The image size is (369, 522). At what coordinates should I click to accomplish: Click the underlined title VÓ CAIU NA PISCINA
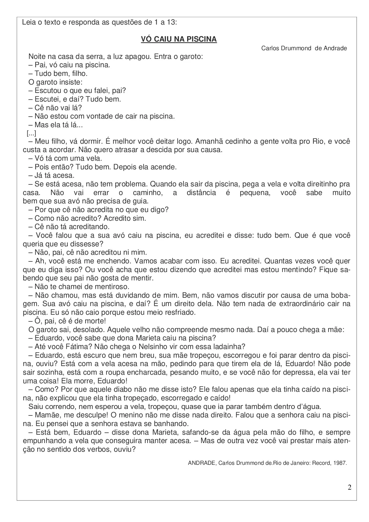[179, 39]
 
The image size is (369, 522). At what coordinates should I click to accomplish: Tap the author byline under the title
[304, 48]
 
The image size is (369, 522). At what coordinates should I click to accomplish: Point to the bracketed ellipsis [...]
[32, 133]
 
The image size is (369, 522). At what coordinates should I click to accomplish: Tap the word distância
[201, 193]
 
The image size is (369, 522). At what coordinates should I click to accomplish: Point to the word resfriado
[180, 312]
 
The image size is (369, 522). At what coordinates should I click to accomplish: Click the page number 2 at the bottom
[349, 487]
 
